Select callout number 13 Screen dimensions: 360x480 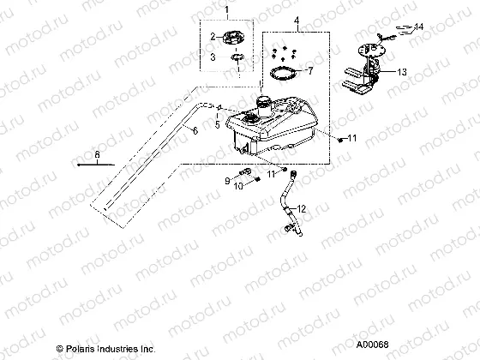[401, 74]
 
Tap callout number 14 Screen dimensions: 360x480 [418, 28]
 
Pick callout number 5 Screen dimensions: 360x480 [217, 124]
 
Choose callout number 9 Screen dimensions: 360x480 [228, 180]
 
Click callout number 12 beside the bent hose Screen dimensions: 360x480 [302, 209]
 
